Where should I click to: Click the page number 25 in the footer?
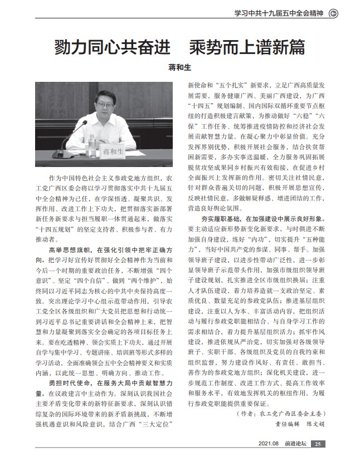317,444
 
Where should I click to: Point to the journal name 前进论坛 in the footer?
295,444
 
